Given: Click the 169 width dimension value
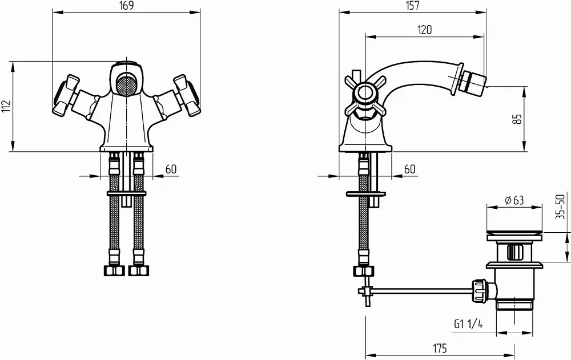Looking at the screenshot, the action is pyautogui.click(x=126, y=6).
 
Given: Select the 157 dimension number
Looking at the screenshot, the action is pyautogui.click(x=412, y=6).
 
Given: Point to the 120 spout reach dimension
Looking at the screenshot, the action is pyautogui.click(x=424, y=30).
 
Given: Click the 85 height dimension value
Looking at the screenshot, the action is pyautogui.click(x=517, y=119).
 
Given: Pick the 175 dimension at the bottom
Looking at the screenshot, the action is pyautogui.click(x=440, y=349).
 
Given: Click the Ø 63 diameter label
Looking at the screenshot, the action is pyautogui.click(x=514, y=200).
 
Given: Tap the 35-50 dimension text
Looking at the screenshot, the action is pyautogui.click(x=561, y=207).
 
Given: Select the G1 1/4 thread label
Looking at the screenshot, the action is pyautogui.click(x=468, y=323).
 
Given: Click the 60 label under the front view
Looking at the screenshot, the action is pyautogui.click(x=171, y=169).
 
